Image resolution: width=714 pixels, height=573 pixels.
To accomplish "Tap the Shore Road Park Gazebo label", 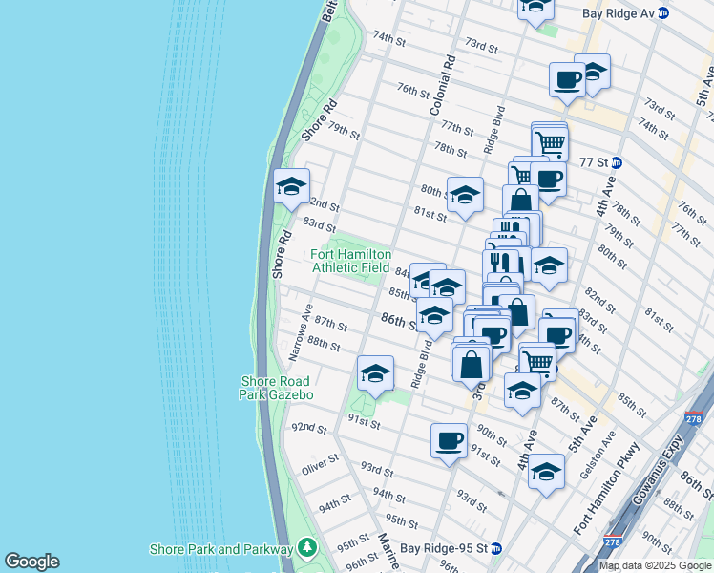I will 276,388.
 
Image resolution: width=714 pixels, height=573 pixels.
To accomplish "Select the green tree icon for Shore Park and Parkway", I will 306,548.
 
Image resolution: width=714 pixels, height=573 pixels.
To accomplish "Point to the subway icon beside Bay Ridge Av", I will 662,13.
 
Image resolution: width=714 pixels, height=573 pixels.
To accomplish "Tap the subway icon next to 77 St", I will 617,162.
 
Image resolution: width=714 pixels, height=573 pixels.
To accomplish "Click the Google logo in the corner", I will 31,562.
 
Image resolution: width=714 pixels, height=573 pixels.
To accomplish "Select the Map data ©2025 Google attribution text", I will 655,565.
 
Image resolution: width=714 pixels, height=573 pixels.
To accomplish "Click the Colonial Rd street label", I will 446,85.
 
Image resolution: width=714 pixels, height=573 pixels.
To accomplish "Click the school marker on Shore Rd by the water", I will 291,185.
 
